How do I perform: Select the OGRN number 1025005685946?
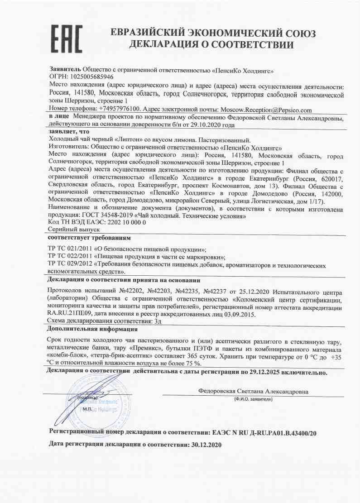tap(90, 78)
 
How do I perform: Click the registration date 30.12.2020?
tap(206, 445)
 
